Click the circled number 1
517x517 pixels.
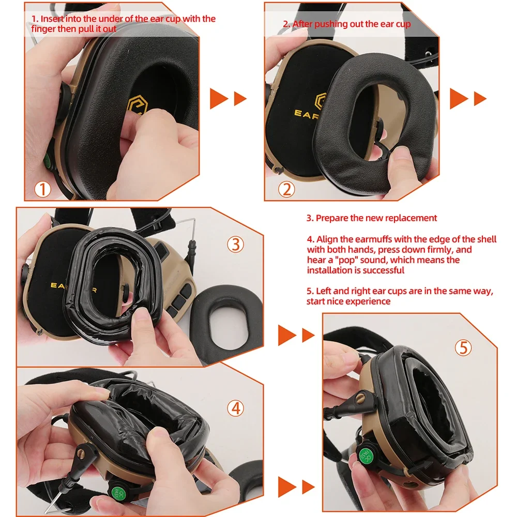[43, 189]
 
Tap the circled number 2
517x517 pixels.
[286, 190]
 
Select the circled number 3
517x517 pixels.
[236, 244]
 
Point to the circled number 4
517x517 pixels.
[236, 408]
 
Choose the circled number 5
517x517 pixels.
[463, 348]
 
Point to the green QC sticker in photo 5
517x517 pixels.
[367, 455]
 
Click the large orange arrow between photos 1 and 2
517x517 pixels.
[219, 98]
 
